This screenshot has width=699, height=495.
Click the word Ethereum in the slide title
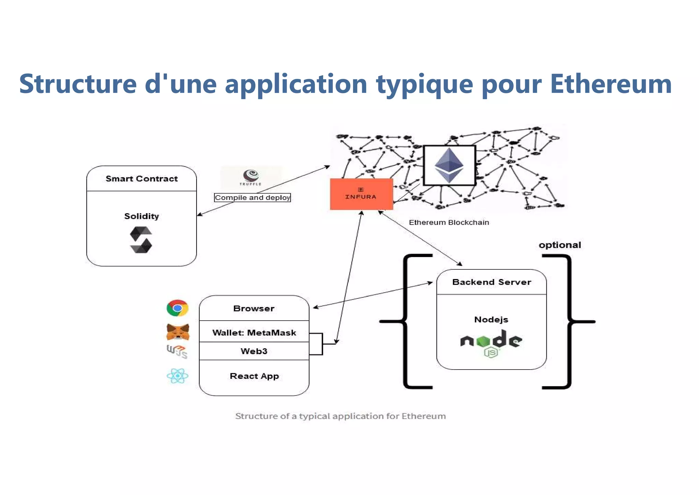(x=611, y=84)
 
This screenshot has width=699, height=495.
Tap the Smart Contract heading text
(x=142, y=179)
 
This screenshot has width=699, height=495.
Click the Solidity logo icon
(x=141, y=240)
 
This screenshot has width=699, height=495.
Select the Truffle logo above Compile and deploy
(x=251, y=177)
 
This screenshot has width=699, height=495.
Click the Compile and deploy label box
(x=252, y=198)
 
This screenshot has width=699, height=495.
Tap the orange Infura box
(x=361, y=194)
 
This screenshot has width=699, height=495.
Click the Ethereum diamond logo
(x=449, y=165)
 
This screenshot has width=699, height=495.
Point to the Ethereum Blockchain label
(x=449, y=223)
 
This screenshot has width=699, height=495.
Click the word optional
(x=560, y=245)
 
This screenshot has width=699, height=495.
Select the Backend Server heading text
(x=491, y=282)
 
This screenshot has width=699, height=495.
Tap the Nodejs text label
(x=491, y=320)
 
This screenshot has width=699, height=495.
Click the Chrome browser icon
(x=177, y=308)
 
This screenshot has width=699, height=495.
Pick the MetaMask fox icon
(x=177, y=332)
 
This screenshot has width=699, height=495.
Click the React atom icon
(x=177, y=376)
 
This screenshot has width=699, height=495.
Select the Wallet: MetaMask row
(x=254, y=333)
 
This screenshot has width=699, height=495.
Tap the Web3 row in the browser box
(x=254, y=351)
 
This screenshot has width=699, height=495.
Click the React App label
(x=254, y=376)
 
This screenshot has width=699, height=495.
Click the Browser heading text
(x=254, y=308)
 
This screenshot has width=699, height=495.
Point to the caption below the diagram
(x=340, y=416)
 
